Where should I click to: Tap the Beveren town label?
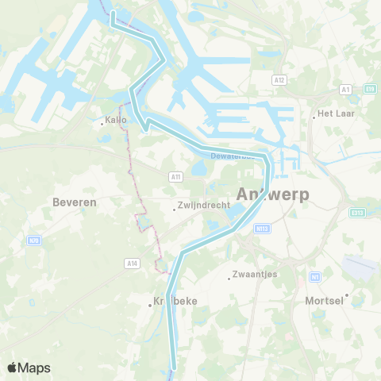coord(74,202)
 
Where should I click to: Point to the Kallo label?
coord(116,122)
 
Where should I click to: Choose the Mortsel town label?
coord(324,301)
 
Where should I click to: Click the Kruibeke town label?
coord(175,302)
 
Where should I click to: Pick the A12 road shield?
coord(278,80)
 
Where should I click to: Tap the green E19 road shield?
coord(370,90)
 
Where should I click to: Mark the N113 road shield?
coord(262,228)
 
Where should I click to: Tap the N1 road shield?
coord(315,276)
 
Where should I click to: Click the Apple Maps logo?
coord(28,368)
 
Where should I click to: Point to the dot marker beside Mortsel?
coord(346,295)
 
